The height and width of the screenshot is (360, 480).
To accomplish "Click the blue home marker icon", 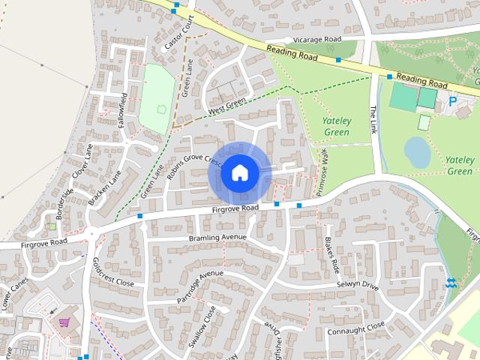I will (x=239, y=173).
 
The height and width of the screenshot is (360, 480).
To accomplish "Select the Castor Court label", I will (x=179, y=32).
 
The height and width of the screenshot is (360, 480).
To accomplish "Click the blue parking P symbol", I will (x=452, y=100).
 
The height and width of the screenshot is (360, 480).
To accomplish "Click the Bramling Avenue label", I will (x=217, y=238).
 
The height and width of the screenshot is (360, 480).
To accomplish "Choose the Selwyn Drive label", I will (x=358, y=285).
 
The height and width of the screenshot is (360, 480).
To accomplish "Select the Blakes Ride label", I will (x=333, y=254).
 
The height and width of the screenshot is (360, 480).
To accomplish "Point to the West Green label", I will (x=226, y=108).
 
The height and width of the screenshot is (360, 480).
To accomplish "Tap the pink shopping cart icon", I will (x=64, y=322).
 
